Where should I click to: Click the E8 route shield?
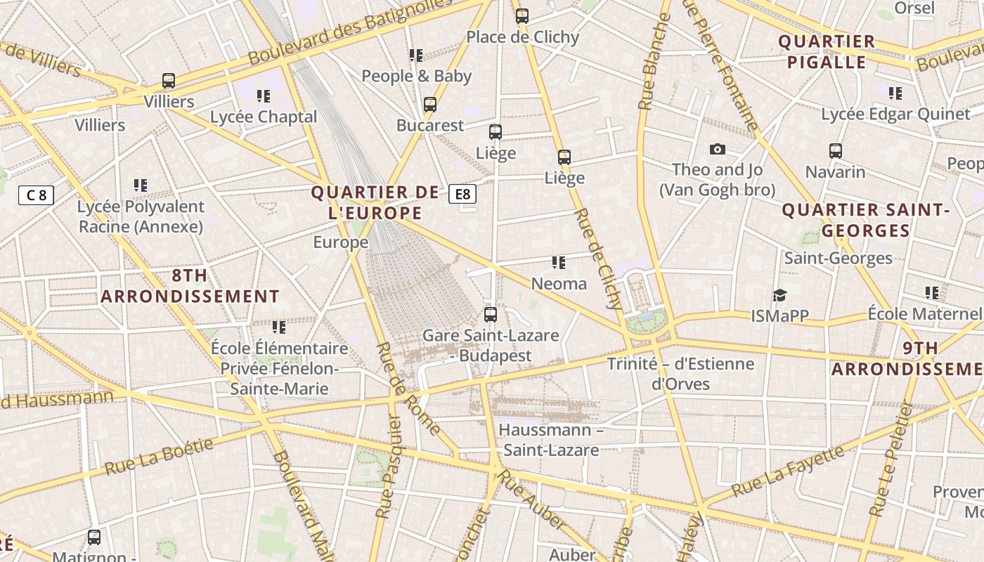462,194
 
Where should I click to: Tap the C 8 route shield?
36,195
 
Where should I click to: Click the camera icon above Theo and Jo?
717,149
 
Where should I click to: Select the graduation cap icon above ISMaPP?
779,295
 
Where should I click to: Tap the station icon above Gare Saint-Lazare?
491,315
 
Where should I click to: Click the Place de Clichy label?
522,37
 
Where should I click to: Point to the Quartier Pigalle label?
827,51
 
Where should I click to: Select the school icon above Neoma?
559,263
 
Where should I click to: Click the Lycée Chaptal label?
264,117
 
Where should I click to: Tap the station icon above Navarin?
835,151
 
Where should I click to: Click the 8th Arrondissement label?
190,286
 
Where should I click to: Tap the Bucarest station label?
430,126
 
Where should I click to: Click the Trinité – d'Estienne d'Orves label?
680,374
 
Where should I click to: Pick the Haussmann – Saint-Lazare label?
551,440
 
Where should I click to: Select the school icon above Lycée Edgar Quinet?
895,93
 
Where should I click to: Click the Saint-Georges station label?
838,258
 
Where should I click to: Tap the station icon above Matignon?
94,537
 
